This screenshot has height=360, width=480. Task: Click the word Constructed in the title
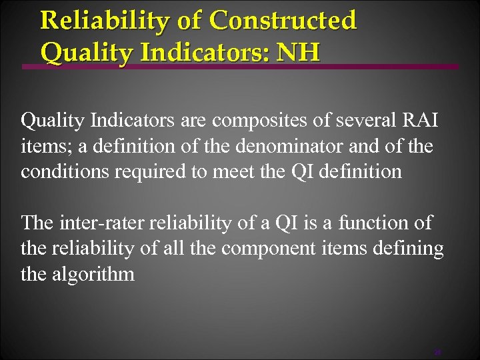283,20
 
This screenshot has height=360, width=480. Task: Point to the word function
374,223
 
